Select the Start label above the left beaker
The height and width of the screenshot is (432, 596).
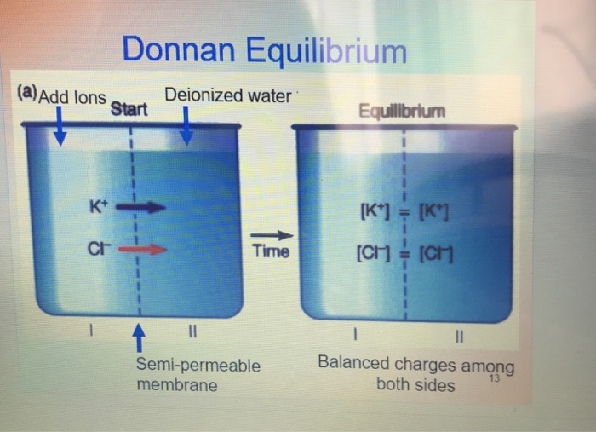(x=129, y=109)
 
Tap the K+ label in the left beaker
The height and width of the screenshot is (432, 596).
(x=98, y=205)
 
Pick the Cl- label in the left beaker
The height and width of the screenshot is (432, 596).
(x=98, y=249)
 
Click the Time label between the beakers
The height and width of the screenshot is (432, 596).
(x=271, y=252)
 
